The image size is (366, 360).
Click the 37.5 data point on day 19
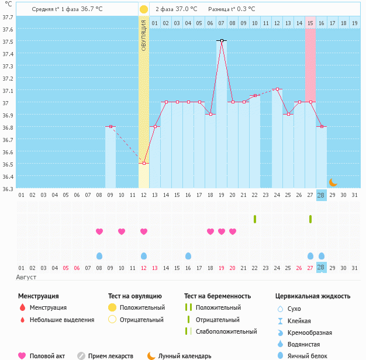(x=222, y=40)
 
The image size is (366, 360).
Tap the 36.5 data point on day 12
(x=144, y=164)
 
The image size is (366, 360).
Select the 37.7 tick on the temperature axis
(x=8, y=17)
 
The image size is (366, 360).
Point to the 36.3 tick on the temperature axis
(x=8, y=189)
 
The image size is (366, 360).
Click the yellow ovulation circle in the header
(x=144, y=9)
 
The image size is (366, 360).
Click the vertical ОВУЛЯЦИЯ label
(x=144, y=35)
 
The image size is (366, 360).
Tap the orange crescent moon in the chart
(x=333, y=182)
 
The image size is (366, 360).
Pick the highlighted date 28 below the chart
(x=322, y=195)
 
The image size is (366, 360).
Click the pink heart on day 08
(x=99, y=231)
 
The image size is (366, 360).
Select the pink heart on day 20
(x=233, y=231)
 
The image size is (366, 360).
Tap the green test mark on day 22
(x=255, y=219)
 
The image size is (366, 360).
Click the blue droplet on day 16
(x=188, y=256)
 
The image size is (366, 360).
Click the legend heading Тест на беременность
(x=217, y=296)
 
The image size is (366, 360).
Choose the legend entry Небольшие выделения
(x=62, y=320)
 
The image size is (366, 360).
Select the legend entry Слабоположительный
(x=226, y=331)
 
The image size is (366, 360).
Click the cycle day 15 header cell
(x=310, y=23)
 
